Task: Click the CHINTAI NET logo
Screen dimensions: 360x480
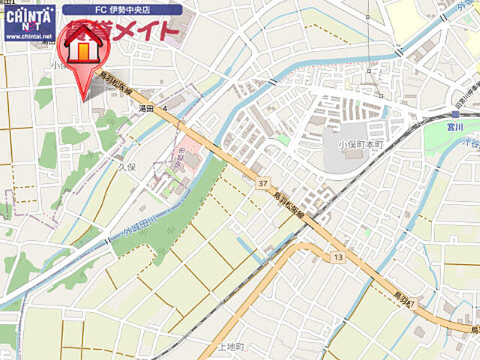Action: [28, 16]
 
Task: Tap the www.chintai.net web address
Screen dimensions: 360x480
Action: [28, 34]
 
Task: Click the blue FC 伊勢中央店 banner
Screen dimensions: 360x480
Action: [121, 10]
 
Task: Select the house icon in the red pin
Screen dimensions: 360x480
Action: [82, 46]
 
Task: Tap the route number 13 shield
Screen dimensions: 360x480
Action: [339, 257]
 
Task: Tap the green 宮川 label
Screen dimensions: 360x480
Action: [454, 127]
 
